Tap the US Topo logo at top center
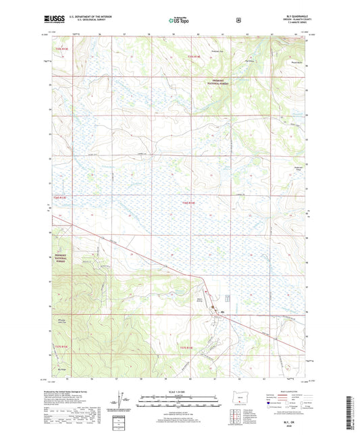pyautogui.click(x=179, y=21)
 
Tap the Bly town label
pyautogui.click(x=224, y=311)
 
